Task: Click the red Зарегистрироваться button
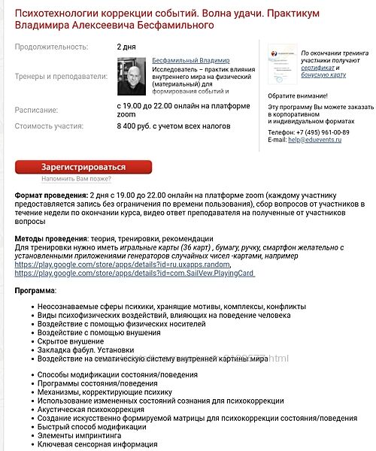(x=83, y=167)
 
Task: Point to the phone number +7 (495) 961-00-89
(x=308, y=132)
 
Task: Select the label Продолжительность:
(x=50, y=47)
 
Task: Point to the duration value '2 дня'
(x=126, y=47)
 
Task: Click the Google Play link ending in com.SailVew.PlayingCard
(x=134, y=274)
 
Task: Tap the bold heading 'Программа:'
(x=35, y=290)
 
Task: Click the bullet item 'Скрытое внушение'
(x=71, y=341)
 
